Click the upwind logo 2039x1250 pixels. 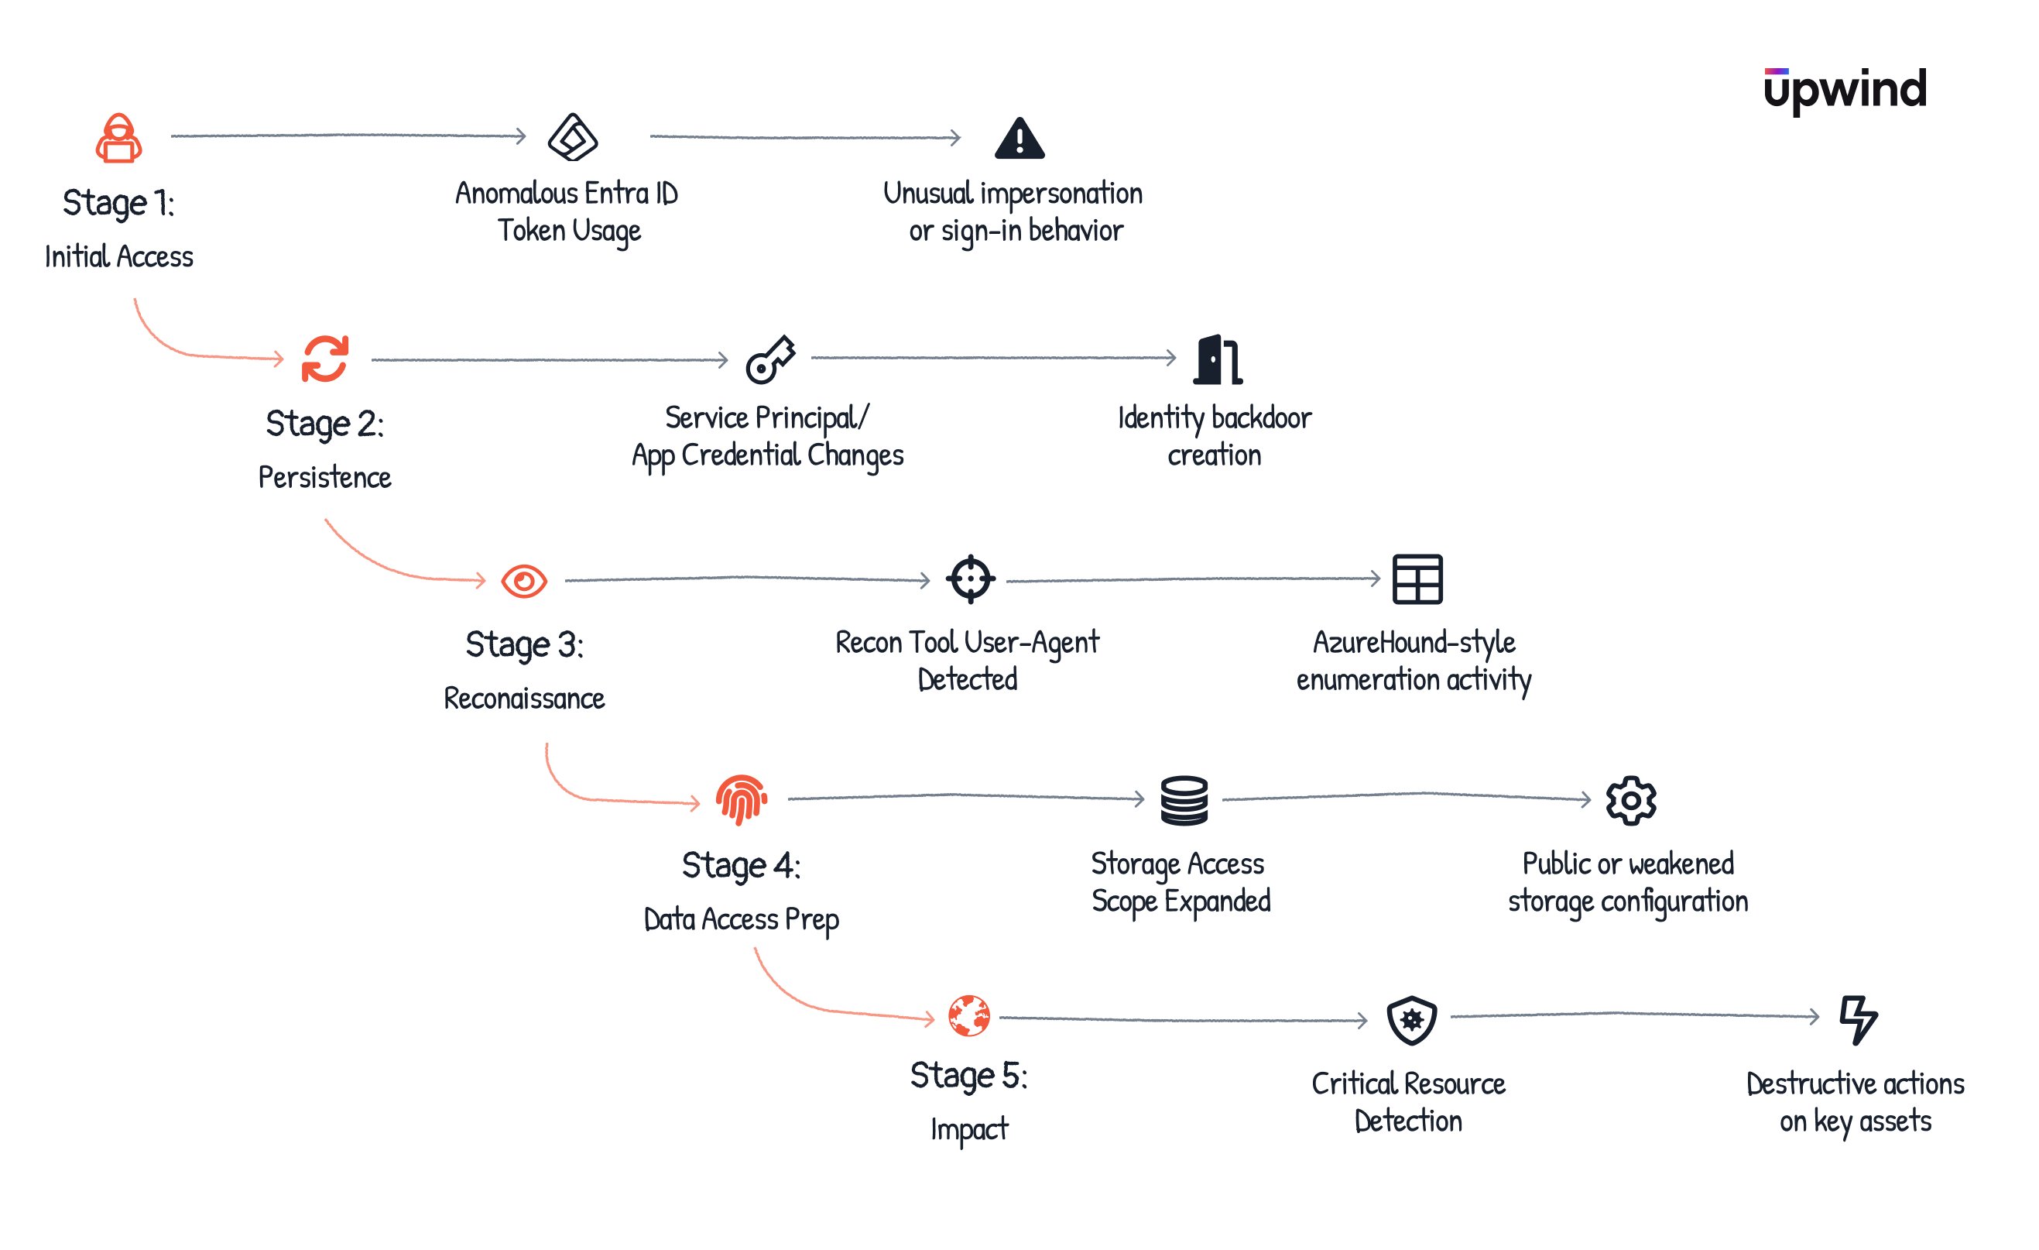[1845, 89]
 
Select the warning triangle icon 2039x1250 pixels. [1019, 139]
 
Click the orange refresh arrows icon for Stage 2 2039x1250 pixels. [325, 359]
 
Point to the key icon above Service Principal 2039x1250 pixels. [770, 359]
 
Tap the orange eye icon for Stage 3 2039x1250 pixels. [524, 581]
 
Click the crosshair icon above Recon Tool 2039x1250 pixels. [970, 579]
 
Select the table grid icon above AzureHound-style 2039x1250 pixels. [1417, 579]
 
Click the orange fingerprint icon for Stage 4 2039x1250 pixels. [741, 800]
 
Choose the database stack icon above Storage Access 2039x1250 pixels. [1184, 801]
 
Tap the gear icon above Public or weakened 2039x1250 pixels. [1630, 801]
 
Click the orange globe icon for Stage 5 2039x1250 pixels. [969, 1016]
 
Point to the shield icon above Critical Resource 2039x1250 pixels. [1412, 1019]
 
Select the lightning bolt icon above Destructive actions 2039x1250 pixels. [1858, 1020]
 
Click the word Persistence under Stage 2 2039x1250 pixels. [324, 478]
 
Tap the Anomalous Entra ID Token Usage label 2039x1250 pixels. [567, 212]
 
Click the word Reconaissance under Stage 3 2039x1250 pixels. [524, 699]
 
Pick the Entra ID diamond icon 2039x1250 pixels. [573, 137]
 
